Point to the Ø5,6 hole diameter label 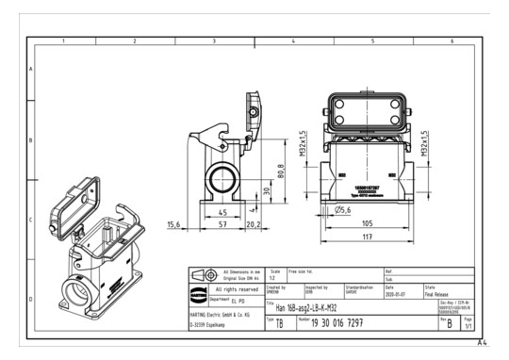click(343, 209)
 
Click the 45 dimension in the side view click(222, 212)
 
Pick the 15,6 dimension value click(173, 224)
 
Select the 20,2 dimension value click(253, 224)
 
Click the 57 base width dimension click(222, 224)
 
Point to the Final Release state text click(442, 294)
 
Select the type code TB click(279, 323)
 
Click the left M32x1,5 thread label click(304, 145)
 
